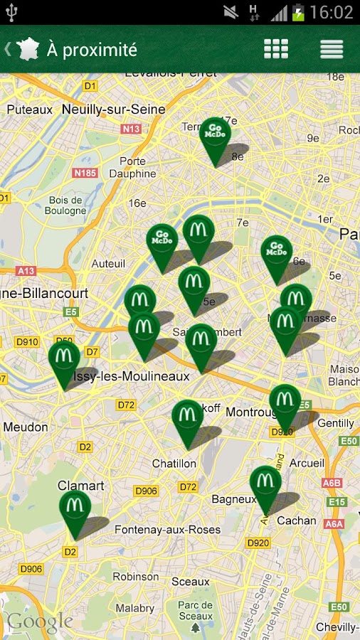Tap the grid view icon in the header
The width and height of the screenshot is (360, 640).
pyautogui.click(x=276, y=49)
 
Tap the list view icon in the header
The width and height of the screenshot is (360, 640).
pyautogui.click(x=332, y=49)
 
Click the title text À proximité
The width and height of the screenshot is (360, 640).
pyautogui.click(x=92, y=50)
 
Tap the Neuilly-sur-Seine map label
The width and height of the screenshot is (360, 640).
pyautogui.click(x=114, y=110)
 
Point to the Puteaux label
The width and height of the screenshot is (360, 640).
pyautogui.click(x=30, y=110)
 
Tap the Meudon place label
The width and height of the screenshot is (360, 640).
pyautogui.click(x=26, y=427)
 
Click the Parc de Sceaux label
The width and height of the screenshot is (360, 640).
pyautogui.click(x=195, y=611)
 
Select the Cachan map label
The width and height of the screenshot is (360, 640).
pyautogui.click(x=297, y=521)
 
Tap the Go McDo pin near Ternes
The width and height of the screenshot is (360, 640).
pyautogui.click(x=215, y=134)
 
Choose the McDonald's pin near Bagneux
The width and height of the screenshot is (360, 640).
pyautogui.click(x=265, y=482)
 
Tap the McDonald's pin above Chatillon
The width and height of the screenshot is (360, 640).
pyautogui.click(x=188, y=416)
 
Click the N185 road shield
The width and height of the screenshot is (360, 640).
pyautogui.click(x=85, y=173)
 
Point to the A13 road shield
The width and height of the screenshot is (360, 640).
pyautogui.click(x=26, y=271)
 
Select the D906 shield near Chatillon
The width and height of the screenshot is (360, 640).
pyautogui.click(x=146, y=491)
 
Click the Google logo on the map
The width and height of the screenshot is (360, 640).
pyautogui.click(x=40, y=622)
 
